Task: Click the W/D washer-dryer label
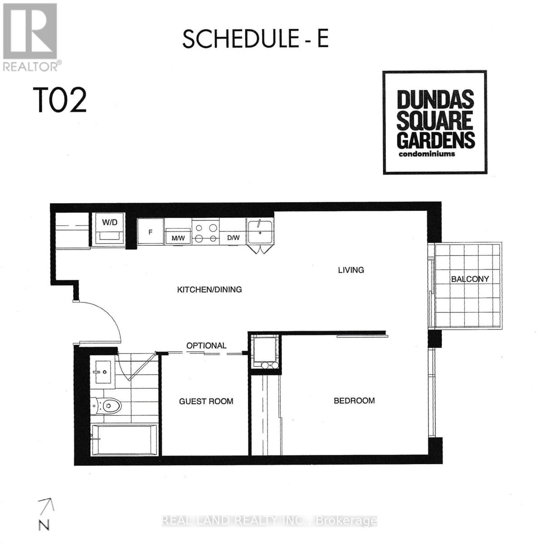pos(109,222)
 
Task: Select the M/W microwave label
pos(177,237)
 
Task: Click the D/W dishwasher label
pos(233,237)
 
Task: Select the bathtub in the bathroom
pos(124,439)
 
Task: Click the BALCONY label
pos(470,279)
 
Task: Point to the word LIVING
pos(351,270)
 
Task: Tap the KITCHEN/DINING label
pos(209,289)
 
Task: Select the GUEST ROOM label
pos(206,401)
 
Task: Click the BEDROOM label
pos(354,401)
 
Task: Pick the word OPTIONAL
pos(206,345)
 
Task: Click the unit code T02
pos(59,101)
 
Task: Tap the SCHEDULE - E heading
pos(255,39)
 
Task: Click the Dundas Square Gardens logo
pos(434,122)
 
